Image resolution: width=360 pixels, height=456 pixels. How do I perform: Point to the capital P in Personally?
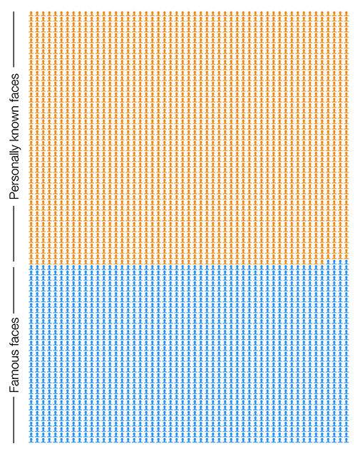tap(14, 195)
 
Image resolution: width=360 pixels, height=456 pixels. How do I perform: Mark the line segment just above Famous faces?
tap(14, 290)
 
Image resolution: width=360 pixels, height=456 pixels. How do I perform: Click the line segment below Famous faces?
tap(14, 420)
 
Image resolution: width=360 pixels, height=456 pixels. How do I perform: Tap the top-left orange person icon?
tap(31, 14)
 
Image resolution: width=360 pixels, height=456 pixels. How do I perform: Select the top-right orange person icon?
tap(346, 14)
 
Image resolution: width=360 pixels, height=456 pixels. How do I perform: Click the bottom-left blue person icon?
tap(31, 441)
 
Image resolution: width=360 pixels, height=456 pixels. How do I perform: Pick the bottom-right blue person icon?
tap(346, 441)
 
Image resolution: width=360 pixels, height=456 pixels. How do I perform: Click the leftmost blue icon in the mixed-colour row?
tap(328, 261)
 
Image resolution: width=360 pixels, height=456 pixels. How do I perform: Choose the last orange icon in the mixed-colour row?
tap(322, 261)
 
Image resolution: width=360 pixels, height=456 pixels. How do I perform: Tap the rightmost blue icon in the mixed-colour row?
tap(346, 261)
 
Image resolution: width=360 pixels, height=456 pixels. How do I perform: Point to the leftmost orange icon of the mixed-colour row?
tap(31, 261)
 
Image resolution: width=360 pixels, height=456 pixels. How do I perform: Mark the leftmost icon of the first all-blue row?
tap(31, 267)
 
